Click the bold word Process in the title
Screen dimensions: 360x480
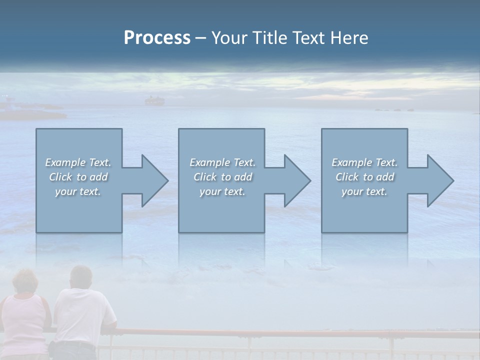point(157,38)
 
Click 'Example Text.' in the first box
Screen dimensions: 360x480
point(78,162)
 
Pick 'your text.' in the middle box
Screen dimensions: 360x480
point(222,191)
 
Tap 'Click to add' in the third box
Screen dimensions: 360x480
point(364,177)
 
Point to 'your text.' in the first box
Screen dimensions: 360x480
point(78,191)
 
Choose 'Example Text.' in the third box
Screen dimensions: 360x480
point(364,162)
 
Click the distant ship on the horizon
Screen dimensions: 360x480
point(154,101)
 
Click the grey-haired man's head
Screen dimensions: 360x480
point(81,278)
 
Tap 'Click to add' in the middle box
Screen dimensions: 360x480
point(222,177)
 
